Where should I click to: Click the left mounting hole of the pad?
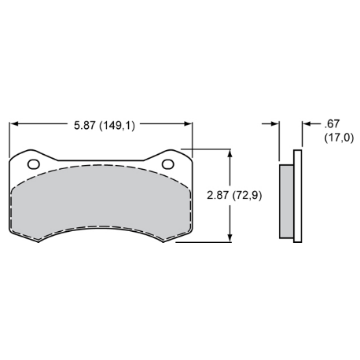point(34,164)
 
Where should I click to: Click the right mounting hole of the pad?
point(168,164)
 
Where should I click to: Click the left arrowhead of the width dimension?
point(13,123)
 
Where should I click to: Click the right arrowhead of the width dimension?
point(188,123)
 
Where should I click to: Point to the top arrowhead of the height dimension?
point(230,153)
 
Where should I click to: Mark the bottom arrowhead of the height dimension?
point(230,238)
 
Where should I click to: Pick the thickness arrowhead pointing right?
point(275,123)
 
